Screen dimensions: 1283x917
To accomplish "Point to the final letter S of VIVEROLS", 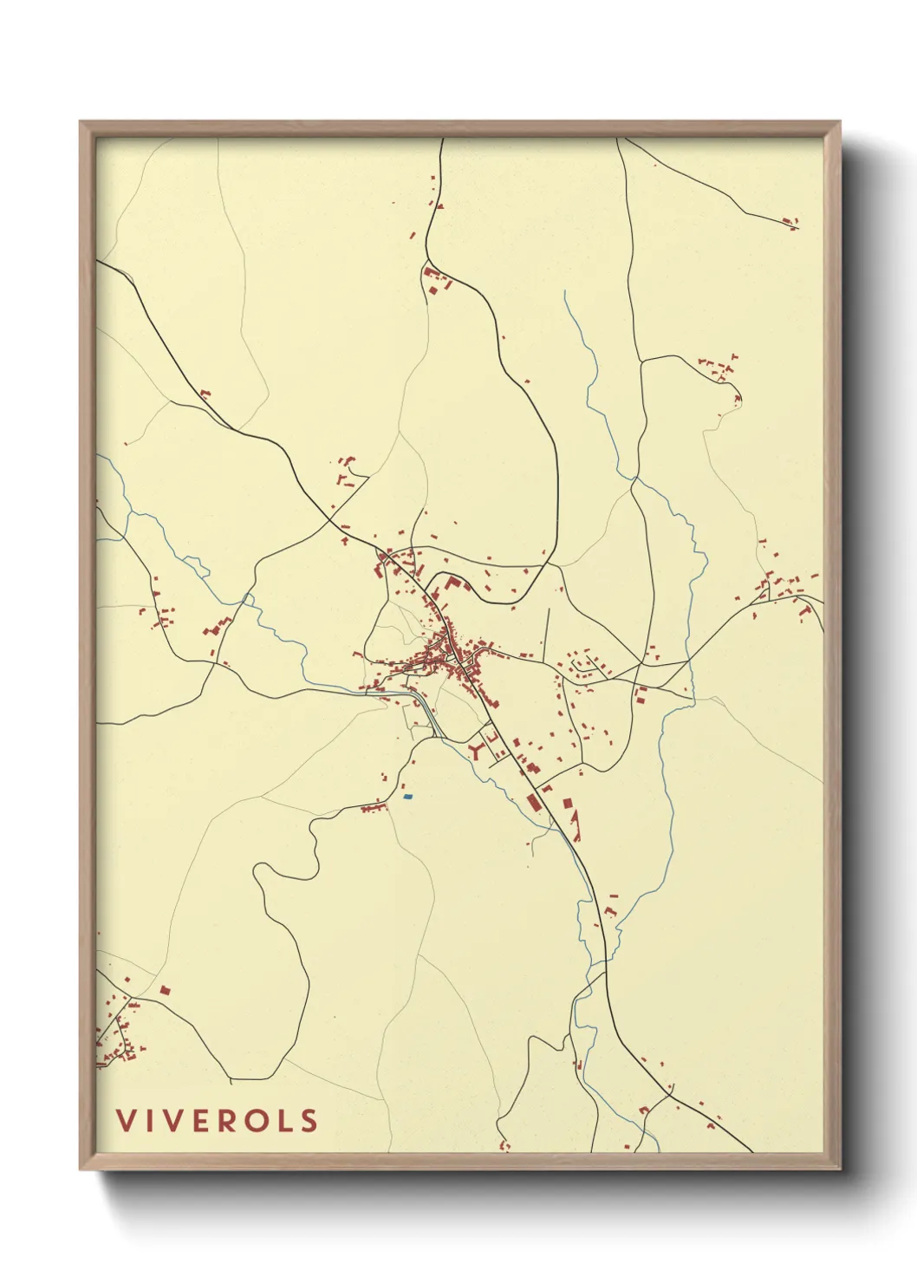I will click(x=309, y=1121).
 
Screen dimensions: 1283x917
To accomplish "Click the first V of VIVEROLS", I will click(x=127, y=1121).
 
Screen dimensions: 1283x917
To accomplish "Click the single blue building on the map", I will click(x=407, y=796).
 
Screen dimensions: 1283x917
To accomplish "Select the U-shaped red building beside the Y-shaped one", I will click(x=490, y=737).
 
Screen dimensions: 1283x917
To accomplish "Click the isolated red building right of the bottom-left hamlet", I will click(x=165, y=989).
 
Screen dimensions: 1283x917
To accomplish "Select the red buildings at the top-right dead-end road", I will click(x=790, y=223).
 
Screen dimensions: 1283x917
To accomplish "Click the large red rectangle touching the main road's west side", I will click(x=532, y=800).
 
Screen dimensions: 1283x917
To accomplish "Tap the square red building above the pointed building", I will click(x=567, y=804).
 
